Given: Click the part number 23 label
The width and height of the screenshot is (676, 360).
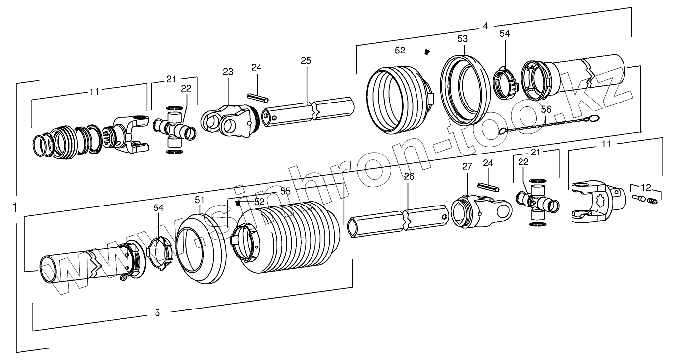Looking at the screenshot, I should [x=227, y=72].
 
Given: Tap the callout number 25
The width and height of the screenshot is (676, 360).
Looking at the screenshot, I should [x=306, y=61].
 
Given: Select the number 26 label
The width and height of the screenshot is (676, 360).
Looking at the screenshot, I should [x=409, y=176].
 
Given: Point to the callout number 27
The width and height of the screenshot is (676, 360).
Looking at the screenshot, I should [x=467, y=167].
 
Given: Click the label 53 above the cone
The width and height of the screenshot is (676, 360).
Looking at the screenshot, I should [x=462, y=38].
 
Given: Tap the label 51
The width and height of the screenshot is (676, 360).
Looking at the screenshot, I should [x=199, y=200].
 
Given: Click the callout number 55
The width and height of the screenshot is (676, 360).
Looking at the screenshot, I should [x=285, y=190].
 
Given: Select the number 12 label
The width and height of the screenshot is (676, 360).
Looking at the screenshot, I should [x=646, y=187].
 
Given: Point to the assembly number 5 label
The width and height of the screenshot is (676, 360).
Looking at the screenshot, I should [x=157, y=312].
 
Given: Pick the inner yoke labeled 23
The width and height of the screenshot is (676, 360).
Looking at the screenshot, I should [x=228, y=122].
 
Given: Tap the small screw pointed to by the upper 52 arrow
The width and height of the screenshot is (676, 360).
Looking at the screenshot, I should [x=427, y=51].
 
